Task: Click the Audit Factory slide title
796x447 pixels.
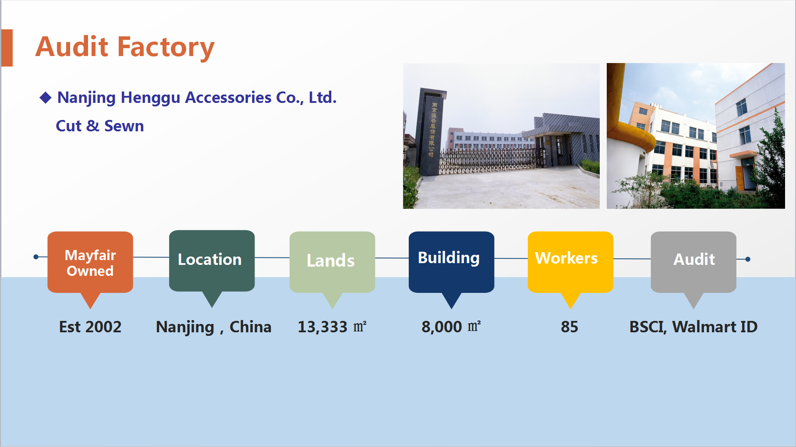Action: pyautogui.click(x=125, y=47)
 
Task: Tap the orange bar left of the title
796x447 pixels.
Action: pyautogui.click(x=7, y=48)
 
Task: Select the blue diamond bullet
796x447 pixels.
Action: pyautogui.click(x=46, y=98)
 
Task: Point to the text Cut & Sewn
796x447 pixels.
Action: pyautogui.click(x=100, y=126)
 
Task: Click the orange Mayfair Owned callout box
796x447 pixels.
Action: pyautogui.click(x=90, y=262)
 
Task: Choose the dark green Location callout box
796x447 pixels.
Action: pyautogui.click(x=212, y=260)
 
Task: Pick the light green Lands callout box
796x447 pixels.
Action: pyautogui.click(x=333, y=262)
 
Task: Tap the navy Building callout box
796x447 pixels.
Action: pyautogui.click(x=452, y=262)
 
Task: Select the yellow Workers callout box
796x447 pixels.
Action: pyautogui.click(x=570, y=262)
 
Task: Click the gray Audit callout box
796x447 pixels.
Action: pyautogui.click(x=693, y=262)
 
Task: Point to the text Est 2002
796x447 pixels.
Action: pyautogui.click(x=90, y=327)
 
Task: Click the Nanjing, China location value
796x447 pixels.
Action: pyautogui.click(x=214, y=327)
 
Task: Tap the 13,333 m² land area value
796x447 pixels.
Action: pyautogui.click(x=332, y=327)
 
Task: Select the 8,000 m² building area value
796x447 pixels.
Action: pyautogui.click(x=451, y=327)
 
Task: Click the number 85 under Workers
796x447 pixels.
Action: pyautogui.click(x=570, y=327)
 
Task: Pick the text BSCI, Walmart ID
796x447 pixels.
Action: pyautogui.click(x=693, y=327)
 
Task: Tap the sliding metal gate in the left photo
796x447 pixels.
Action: pyautogui.click(x=493, y=160)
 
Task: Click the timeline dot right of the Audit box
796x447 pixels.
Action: pyautogui.click(x=748, y=259)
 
